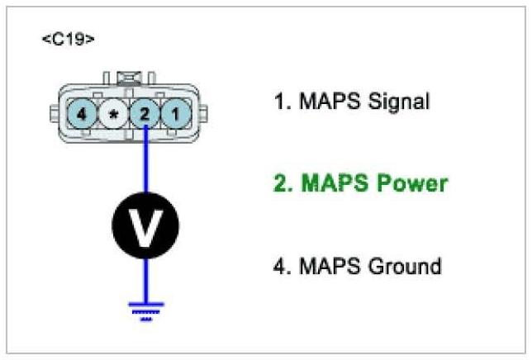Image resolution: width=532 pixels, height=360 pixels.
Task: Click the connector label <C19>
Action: (68, 40)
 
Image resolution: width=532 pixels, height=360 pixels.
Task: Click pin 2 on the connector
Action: (144, 113)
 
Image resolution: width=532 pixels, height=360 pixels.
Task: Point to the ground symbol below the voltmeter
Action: (145, 309)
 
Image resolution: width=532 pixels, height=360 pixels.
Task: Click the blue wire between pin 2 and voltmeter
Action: (145, 161)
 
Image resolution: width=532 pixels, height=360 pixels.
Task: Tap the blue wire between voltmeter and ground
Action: (145, 281)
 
